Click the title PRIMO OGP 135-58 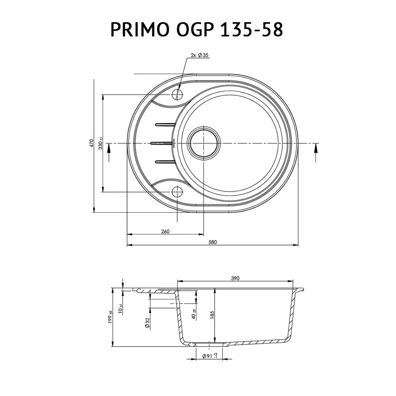[197, 29]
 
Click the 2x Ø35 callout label [199, 55]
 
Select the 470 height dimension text [91, 143]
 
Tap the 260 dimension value [165, 231]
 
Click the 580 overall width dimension [213, 242]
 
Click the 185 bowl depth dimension [212, 314]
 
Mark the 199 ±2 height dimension [110, 317]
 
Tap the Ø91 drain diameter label [209, 356]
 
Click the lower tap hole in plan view [177, 192]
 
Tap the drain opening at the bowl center [204, 143]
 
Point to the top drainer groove [166, 125]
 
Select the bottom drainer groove [166, 161]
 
